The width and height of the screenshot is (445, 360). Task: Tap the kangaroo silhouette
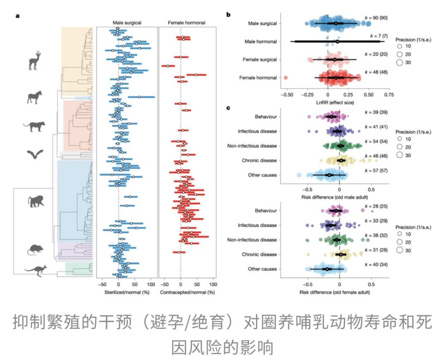[35, 270]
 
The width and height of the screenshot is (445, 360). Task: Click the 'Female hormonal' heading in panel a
[187, 23]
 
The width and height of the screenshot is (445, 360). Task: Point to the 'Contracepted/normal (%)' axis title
[188, 293]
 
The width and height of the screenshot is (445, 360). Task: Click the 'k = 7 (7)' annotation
[375, 37]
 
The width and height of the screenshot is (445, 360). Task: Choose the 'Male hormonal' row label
[260, 42]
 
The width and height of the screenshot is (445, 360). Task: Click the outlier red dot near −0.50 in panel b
[286, 77]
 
